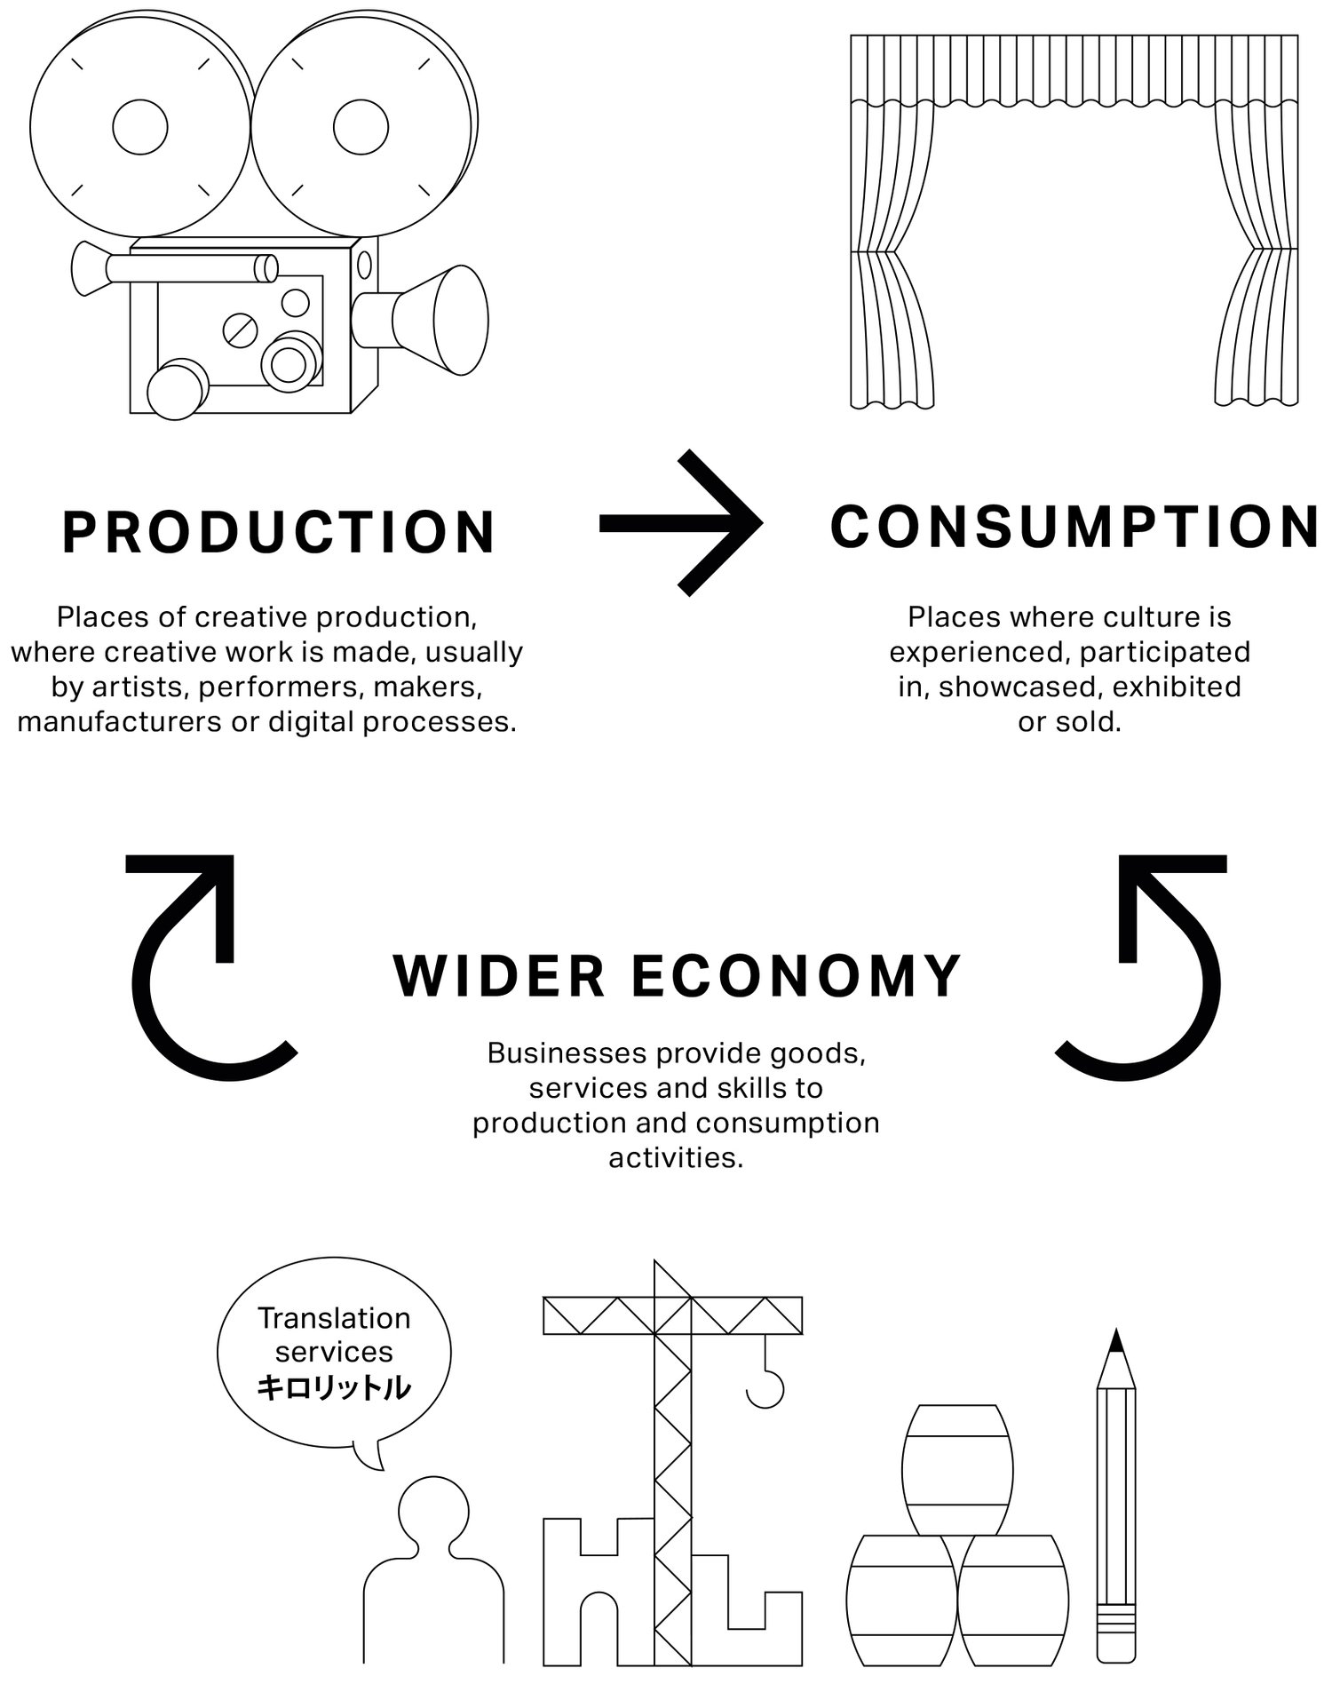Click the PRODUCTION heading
tap(278, 532)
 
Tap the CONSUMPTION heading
tap(1074, 526)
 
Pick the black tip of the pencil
tap(1116, 1341)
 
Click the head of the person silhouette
tap(433, 1510)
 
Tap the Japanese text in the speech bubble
tap(334, 1387)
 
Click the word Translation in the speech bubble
tap(334, 1318)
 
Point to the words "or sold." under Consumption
tap(1069, 722)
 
